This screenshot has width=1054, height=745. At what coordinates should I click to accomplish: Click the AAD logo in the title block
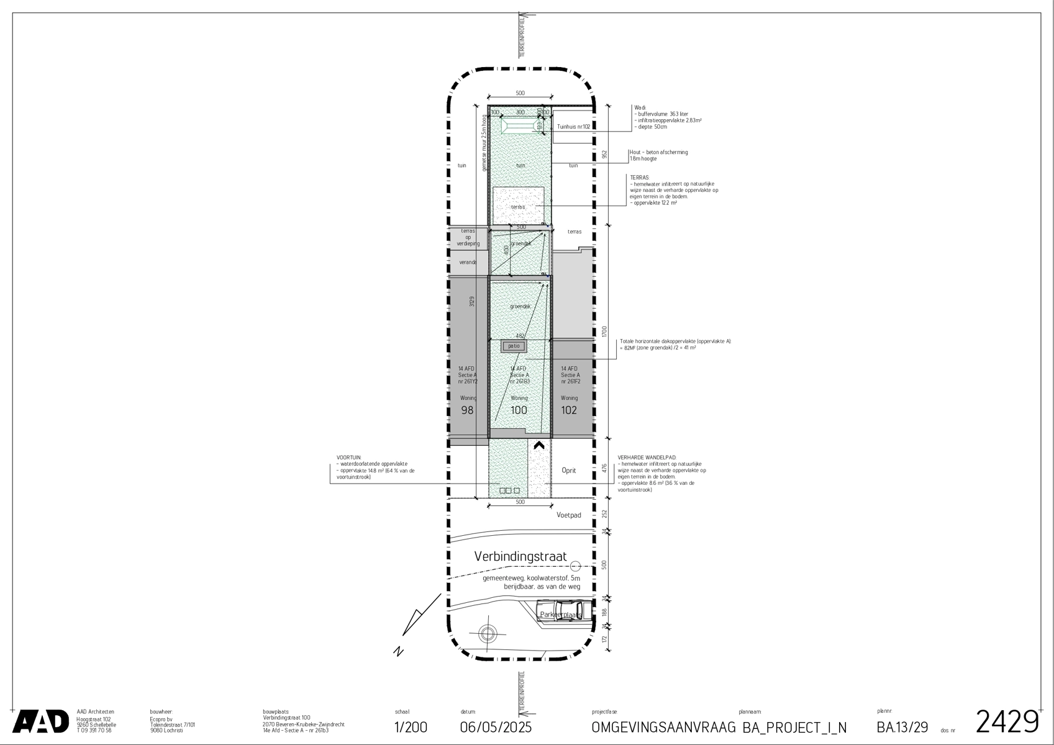coord(41,721)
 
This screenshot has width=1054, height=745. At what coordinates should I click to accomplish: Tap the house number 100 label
coord(519,410)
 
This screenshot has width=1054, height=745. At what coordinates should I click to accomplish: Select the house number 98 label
coord(467,410)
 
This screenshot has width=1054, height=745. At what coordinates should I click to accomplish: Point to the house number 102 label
coord(569,410)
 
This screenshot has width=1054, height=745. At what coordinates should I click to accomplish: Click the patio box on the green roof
coord(514,346)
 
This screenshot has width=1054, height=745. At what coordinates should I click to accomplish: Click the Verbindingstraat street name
coord(520,557)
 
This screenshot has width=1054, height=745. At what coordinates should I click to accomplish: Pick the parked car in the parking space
coord(560,610)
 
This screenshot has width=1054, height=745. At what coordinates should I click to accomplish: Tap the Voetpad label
coord(568,515)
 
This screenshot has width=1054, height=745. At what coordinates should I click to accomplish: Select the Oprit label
coord(568,471)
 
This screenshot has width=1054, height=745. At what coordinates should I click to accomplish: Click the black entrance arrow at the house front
coord(538,445)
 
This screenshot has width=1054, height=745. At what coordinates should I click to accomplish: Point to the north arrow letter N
coord(399,651)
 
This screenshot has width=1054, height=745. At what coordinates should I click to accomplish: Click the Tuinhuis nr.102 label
coord(573,127)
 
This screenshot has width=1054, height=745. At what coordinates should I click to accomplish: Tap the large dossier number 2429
coord(1007,722)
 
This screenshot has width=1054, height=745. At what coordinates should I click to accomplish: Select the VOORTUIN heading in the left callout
coord(348,458)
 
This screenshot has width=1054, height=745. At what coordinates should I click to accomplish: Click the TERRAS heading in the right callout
coord(639,178)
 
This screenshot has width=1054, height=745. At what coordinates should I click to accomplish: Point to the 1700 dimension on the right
coord(604,332)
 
